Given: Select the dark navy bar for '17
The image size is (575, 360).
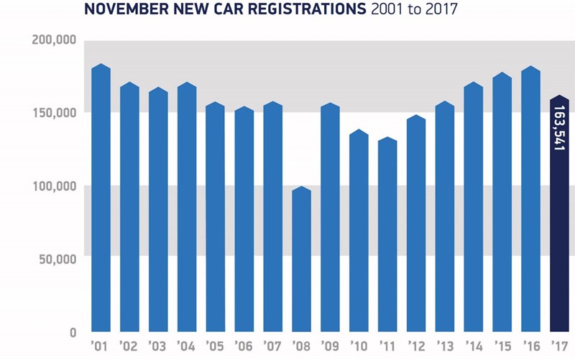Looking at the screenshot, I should (x=559, y=216).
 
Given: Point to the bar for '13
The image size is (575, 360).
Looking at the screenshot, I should (x=445, y=216).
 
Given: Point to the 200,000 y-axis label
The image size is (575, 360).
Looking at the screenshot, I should (x=55, y=40).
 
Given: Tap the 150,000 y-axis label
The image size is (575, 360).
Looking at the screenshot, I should (x=55, y=113).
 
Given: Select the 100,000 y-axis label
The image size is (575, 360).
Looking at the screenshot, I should (x=55, y=186).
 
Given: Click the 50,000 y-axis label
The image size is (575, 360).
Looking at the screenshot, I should (x=58, y=259).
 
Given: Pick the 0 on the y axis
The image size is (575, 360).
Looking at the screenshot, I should (x=73, y=332).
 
